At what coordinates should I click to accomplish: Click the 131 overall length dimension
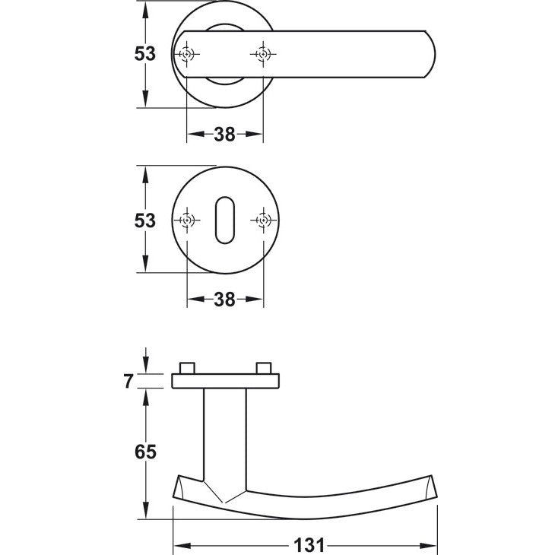click(x=309, y=545)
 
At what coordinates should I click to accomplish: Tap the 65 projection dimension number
click(x=145, y=452)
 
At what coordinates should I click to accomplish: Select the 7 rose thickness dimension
click(x=128, y=381)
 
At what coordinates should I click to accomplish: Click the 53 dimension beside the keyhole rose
click(x=144, y=220)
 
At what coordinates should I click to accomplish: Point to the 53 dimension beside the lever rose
click(x=144, y=54)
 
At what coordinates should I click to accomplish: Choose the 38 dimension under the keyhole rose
click(x=224, y=300)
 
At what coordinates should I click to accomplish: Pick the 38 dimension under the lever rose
click(x=224, y=135)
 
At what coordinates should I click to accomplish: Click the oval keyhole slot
click(x=225, y=220)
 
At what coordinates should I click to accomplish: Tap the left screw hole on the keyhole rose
click(x=187, y=220)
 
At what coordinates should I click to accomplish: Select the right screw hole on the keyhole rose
click(x=263, y=220)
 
